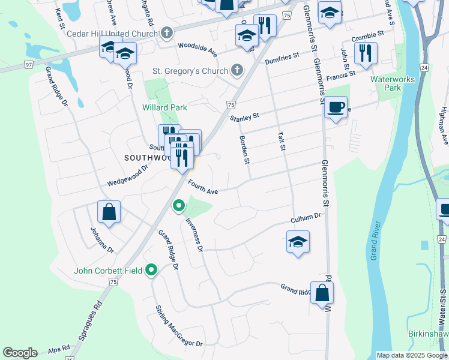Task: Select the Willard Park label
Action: pyautogui.click(x=164, y=107)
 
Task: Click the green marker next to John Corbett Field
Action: pyautogui.click(x=151, y=271)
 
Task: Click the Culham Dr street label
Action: pyautogui.click(x=307, y=218)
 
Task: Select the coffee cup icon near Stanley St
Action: pyautogui.click(x=336, y=107)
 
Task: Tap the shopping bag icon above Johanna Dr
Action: pyautogui.click(x=109, y=211)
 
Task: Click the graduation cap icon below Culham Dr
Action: pyautogui.click(x=298, y=242)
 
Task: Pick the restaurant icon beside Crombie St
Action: pyautogui.click(x=366, y=53)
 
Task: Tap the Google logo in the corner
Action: pyautogui.click(x=19, y=353)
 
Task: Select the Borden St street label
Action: pyautogui.click(x=244, y=150)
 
